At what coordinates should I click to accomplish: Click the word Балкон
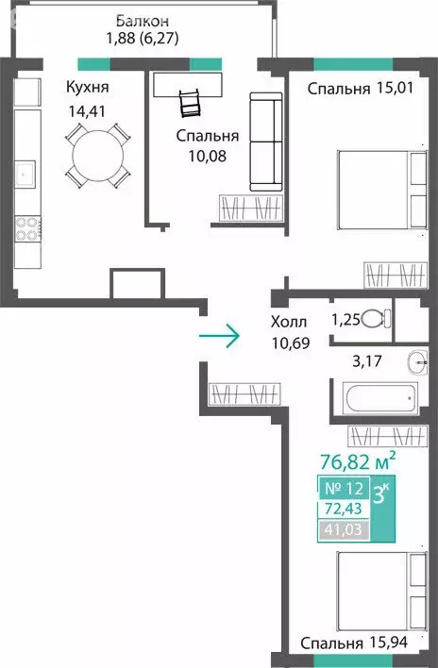(143, 21)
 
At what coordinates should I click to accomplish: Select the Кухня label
(88, 88)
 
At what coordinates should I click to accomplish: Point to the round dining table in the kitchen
(98, 156)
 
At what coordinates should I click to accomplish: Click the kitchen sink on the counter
(25, 175)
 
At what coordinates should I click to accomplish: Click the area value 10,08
(208, 157)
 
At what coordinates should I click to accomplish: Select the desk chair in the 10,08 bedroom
(190, 103)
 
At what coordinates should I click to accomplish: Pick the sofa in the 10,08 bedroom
(266, 142)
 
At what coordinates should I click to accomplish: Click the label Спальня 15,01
(360, 89)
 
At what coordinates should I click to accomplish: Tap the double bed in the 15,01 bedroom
(382, 190)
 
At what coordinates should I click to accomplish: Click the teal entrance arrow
(219, 336)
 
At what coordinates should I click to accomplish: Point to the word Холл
(289, 322)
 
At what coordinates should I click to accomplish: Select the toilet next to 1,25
(376, 319)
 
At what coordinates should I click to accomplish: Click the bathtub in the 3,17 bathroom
(380, 398)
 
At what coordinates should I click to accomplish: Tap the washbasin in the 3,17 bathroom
(417, 362)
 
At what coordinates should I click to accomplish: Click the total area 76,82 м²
(358, 460)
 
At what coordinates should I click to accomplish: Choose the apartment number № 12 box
(344, 488)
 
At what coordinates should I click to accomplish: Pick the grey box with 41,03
(344, 529)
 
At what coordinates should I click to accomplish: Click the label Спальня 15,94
(354, 642)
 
